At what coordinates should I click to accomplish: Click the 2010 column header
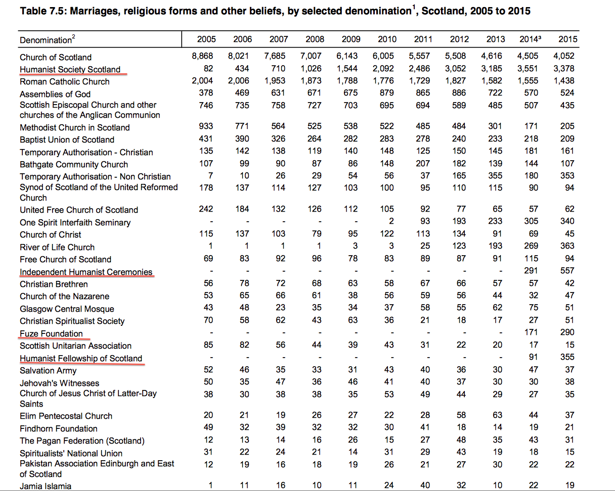(387, 39)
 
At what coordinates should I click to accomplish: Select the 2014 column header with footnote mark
(529, 39)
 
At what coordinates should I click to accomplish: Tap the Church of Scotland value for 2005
(202, 57)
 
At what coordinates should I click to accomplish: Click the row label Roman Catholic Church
(65, 81)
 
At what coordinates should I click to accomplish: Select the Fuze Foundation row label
(51, 333)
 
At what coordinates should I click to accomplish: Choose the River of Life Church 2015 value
(567, 247)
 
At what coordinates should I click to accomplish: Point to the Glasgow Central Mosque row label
(67, 309)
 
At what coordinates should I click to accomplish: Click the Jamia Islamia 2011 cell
(425, 485)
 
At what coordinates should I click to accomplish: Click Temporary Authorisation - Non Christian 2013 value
(496, 176)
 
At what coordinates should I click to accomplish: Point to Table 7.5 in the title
(41, 11)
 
